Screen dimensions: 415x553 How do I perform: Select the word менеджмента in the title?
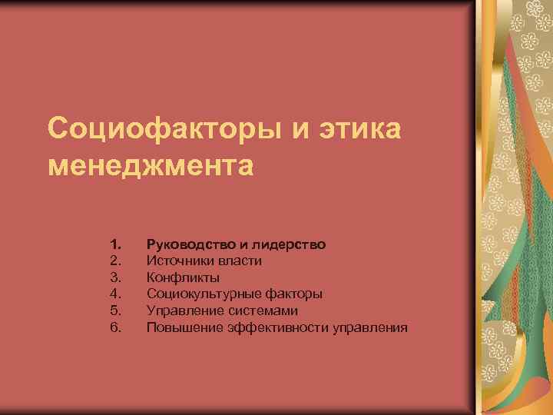tap(150, 165)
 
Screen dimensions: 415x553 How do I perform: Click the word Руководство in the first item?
tap(191, 244)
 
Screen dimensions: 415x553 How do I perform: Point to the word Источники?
tap(177, 261)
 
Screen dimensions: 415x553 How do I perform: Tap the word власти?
tap(237, 261)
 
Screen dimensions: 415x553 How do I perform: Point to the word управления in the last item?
tap(370, 327)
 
